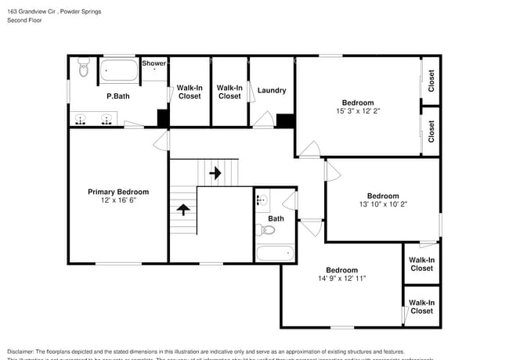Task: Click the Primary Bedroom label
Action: [117, 192]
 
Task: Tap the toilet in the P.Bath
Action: [84, 70]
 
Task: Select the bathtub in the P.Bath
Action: [119, 71]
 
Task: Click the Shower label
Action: [153, 63]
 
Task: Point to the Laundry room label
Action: [271, 90]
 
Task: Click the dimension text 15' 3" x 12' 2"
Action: [357, 111]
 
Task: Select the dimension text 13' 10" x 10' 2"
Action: [383, 204]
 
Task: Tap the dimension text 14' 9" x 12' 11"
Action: [341, 279]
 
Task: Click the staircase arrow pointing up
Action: [183, 209]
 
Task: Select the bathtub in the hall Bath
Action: [274, 253]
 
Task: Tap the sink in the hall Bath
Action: [262, 200]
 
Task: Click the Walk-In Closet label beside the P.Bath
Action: [189, 92]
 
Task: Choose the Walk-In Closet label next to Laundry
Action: [229, 92]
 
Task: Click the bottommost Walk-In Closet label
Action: [421, 307]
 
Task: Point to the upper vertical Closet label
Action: [431, 81]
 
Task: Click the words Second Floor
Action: [25, 20]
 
